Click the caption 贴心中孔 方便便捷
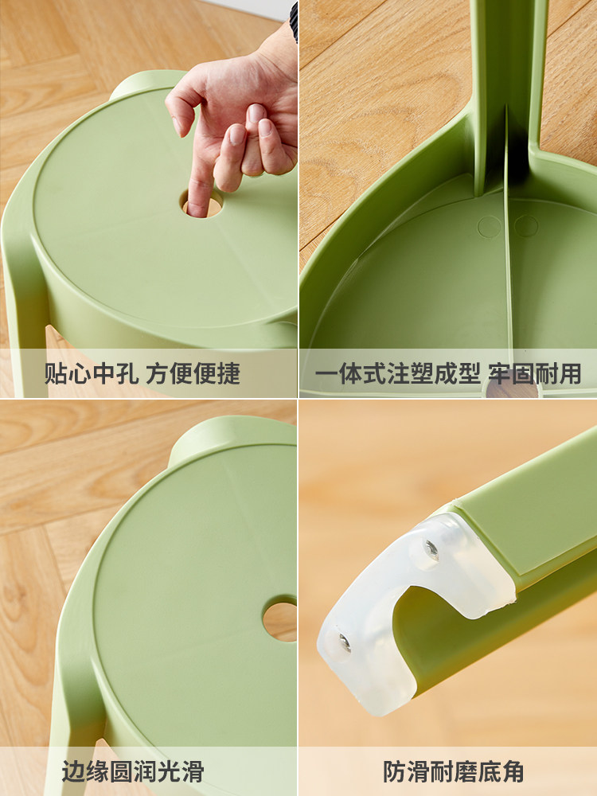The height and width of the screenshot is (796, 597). coord(142,373)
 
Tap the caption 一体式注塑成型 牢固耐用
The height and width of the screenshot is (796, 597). coord(448,373)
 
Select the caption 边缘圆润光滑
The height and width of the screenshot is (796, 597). coord(133,771)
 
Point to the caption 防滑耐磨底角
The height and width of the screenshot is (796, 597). coord(453,771)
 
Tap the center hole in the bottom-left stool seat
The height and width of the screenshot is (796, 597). coord(280,620)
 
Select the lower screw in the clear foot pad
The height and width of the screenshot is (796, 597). coord(344,643)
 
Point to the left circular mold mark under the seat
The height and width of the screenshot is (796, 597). coord(489,226)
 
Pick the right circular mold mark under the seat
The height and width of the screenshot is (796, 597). coord(526,226)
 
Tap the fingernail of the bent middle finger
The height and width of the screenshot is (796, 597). coord(255,113)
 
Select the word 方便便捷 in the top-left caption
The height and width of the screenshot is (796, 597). coord(193,373)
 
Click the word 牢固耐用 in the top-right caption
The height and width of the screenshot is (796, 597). coord(535,373)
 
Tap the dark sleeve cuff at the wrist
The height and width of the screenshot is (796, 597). coord(294,22)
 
